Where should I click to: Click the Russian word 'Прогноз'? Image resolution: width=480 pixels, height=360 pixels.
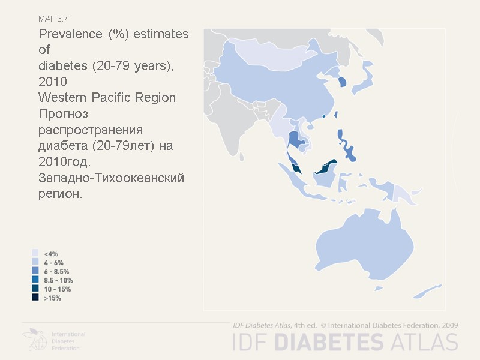coord(63,113)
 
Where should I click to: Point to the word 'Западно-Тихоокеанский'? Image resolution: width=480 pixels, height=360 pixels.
coord(111,178)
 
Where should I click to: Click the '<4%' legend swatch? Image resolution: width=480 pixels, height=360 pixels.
coord(35,254)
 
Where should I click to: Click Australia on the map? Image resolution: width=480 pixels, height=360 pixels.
coord(360,246)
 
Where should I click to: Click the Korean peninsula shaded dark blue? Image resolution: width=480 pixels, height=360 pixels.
coord(343,82)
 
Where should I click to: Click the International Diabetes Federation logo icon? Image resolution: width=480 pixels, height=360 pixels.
coord(36,340)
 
